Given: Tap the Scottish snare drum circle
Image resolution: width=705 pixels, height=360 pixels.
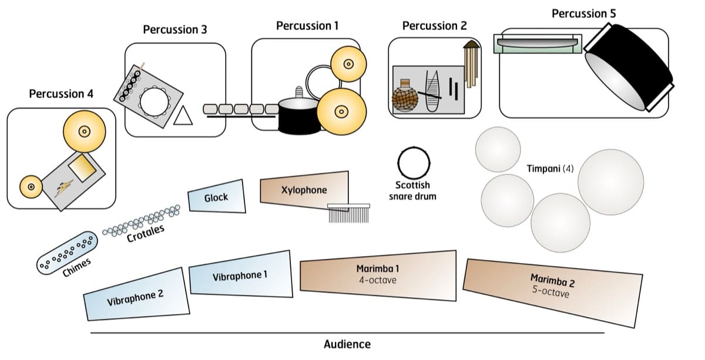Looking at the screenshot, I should click(x=414, y=162).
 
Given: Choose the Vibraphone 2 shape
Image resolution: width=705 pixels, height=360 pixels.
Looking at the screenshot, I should click(x=135, y=295).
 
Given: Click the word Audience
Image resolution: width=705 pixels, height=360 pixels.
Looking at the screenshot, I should click(x=347, y=344).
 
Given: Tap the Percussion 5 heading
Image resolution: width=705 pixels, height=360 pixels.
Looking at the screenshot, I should click(x=583, y=13).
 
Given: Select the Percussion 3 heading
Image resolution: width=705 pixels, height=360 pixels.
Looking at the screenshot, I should click(x=175, y=29).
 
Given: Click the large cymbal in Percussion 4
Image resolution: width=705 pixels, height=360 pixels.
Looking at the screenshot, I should click(x=84, y=132).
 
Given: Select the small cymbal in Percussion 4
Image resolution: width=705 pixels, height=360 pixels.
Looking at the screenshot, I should click(x=31, y=187).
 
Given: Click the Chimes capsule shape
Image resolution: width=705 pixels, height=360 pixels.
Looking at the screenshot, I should click(x=66, y=253).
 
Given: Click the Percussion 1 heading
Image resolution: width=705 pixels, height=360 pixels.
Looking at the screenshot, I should click(x=307, y=26).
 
